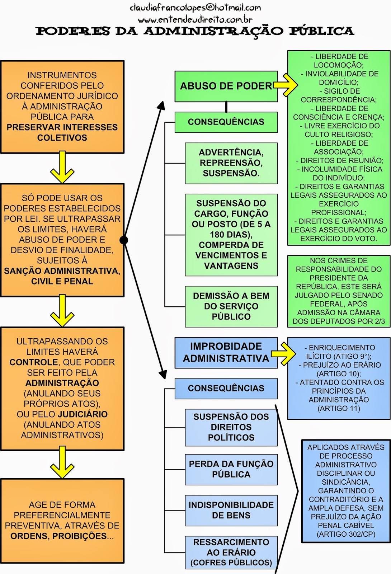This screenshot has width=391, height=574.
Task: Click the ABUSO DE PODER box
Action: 226,86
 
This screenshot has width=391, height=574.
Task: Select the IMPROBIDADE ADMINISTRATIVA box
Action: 226,352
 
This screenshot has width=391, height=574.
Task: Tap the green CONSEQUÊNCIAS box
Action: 226,122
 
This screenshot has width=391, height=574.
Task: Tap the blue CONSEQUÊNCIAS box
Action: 226,388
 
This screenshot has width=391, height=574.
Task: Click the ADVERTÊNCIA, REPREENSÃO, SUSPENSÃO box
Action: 231,163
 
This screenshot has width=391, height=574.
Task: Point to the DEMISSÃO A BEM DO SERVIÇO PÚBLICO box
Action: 231,306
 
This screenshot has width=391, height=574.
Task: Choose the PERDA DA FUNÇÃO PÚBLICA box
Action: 231,469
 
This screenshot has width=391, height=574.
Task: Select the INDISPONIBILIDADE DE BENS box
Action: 231,510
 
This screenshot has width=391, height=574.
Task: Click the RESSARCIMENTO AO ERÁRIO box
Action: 231,552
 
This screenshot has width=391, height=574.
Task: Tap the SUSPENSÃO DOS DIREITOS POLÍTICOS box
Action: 231,427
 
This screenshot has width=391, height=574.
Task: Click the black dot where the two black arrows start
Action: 123,240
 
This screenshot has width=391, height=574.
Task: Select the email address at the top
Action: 195,8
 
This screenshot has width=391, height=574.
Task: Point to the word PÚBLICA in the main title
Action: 321,31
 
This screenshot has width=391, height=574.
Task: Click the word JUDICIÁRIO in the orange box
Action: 83,414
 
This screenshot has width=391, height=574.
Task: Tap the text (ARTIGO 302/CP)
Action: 346,534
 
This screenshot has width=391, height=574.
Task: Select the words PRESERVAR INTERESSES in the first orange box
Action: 62,127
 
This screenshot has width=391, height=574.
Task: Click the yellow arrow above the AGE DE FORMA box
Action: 62,463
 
